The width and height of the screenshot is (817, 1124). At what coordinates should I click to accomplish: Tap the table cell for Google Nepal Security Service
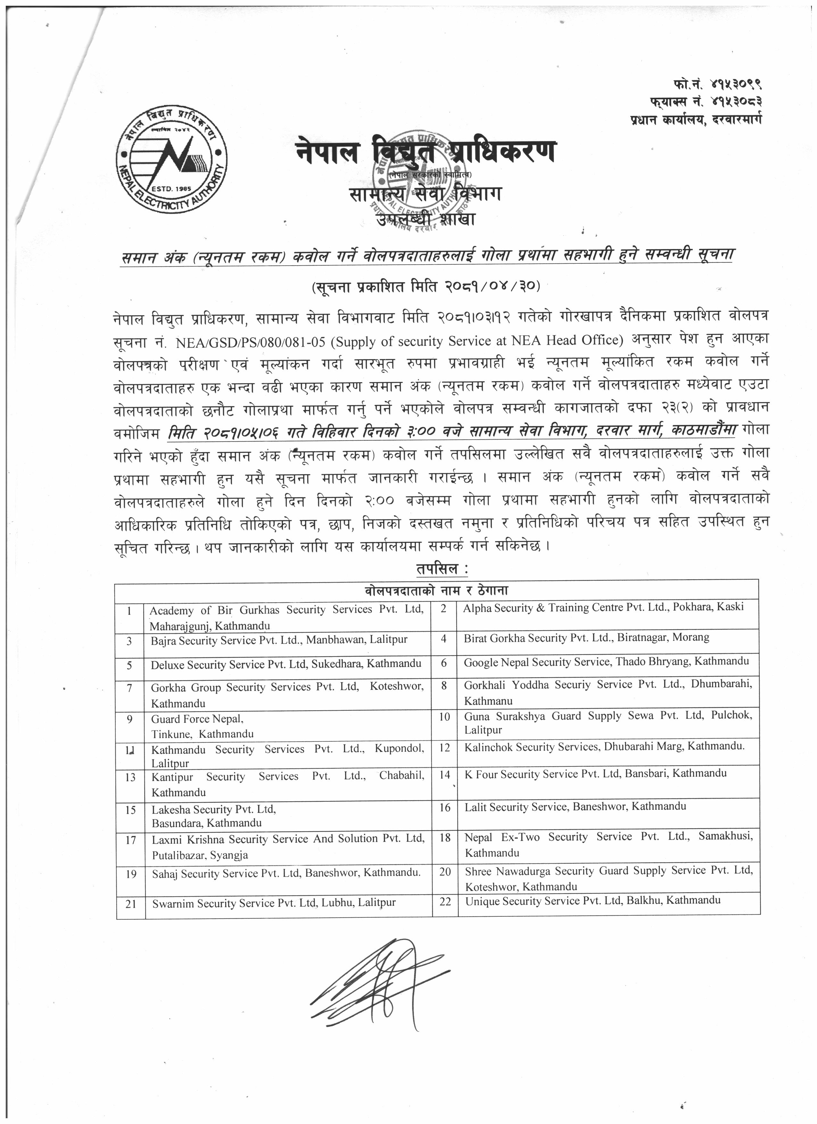[x=606, y=662]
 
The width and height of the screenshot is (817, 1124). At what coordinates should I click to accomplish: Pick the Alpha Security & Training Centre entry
[x=603, y=607]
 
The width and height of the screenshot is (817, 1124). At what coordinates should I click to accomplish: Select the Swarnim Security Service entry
[x=274, y=903]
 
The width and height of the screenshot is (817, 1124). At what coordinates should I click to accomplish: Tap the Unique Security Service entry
[x=592, y=900]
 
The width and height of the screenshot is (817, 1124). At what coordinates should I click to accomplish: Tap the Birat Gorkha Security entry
[x=586, y=638]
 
